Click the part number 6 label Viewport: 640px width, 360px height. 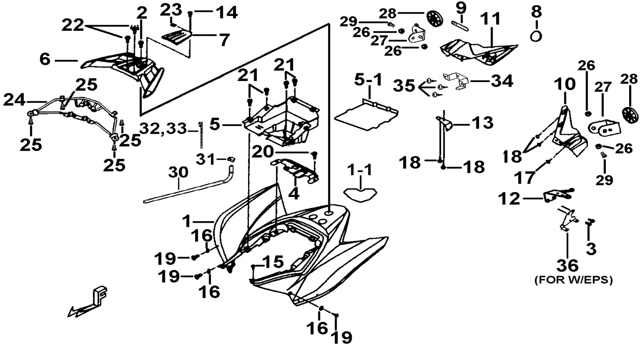[45, 60]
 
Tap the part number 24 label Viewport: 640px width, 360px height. [15, 99]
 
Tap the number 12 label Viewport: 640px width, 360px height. [511, 199]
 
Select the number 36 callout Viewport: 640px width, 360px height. [567, 265]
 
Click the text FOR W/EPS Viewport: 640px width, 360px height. [573, 280]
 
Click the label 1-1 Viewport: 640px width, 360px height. [360, 169]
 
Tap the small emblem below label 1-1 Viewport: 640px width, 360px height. [360, 193]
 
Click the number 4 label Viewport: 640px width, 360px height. [293, 193]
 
